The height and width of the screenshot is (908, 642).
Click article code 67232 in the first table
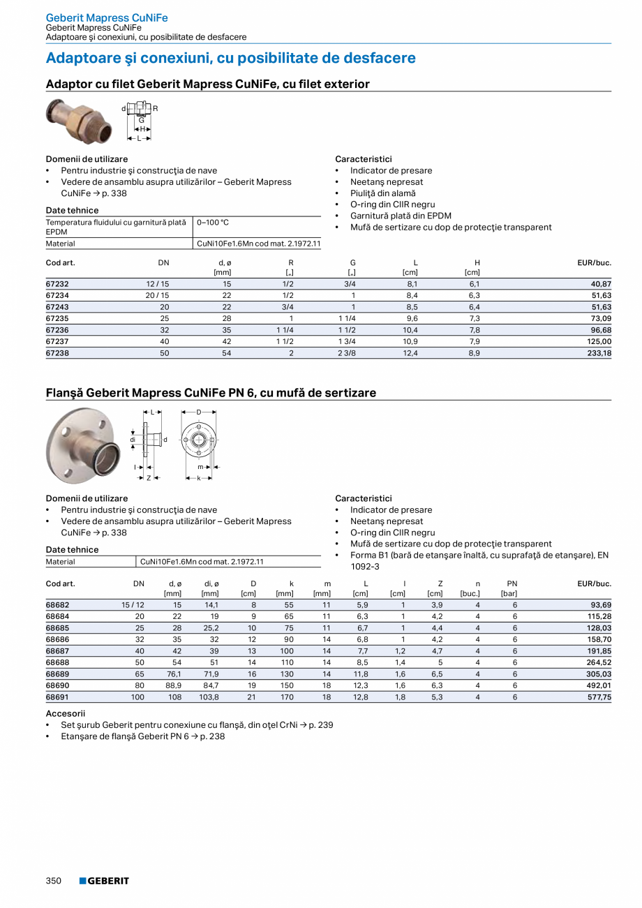click(x=57, y=284)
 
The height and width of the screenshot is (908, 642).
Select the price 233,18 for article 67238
click(x=597, y=353)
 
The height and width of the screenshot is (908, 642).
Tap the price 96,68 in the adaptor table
click(x=598, y=330)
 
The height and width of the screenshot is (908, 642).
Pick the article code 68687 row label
click(x=57, y=650)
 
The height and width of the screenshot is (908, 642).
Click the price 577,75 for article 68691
click(x=597, y=697)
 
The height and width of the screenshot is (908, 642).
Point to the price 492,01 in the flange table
click(x=597, y=685)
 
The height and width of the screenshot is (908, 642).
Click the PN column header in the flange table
click(x=512, y=583)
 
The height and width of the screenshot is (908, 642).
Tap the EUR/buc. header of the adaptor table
click(x=594, y=263)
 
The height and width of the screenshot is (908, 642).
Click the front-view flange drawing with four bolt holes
click(x=199, y=441)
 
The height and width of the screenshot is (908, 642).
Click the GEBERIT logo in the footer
click(x=104, y=881)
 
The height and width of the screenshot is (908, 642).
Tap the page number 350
click(x=54, y=881)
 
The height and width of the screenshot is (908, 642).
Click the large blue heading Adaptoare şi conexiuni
click(x=230, y=58)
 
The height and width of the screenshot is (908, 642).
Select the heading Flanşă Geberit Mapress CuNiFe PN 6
click(x=211, y=393)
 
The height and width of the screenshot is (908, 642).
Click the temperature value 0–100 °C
click(x=213, y=223)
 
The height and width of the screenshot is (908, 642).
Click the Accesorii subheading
click(x=66, y=713)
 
